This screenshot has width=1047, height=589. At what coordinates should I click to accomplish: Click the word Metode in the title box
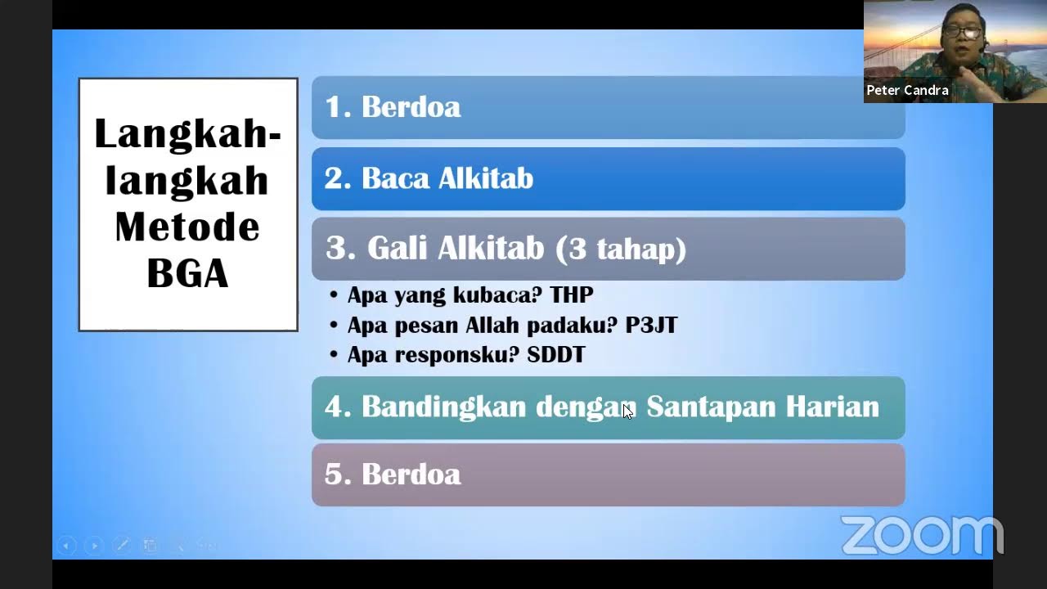point(187,227)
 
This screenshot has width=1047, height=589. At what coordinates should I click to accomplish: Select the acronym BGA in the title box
point(187,273)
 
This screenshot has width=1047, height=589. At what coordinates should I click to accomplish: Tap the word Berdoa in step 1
point(411,107)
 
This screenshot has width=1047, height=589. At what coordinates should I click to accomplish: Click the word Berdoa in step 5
point(411,474)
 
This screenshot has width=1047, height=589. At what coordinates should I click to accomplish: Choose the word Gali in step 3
point(398,249)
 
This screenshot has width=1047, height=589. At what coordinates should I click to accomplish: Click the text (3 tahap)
point(621,249)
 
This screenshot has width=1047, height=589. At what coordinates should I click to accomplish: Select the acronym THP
point(571,294)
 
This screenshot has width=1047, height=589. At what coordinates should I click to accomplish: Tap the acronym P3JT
point(651,325)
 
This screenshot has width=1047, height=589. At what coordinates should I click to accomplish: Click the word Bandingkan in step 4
point(443,407)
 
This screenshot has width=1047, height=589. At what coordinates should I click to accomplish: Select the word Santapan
point(710,407)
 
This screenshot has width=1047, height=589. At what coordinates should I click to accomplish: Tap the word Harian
point(832,407)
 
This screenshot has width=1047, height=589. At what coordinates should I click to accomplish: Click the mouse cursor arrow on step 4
point(627,411)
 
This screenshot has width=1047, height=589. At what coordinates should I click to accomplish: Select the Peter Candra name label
point(907,90)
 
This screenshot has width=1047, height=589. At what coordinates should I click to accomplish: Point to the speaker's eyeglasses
point(962,33)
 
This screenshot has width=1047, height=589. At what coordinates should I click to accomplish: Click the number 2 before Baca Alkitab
point(332,178)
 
